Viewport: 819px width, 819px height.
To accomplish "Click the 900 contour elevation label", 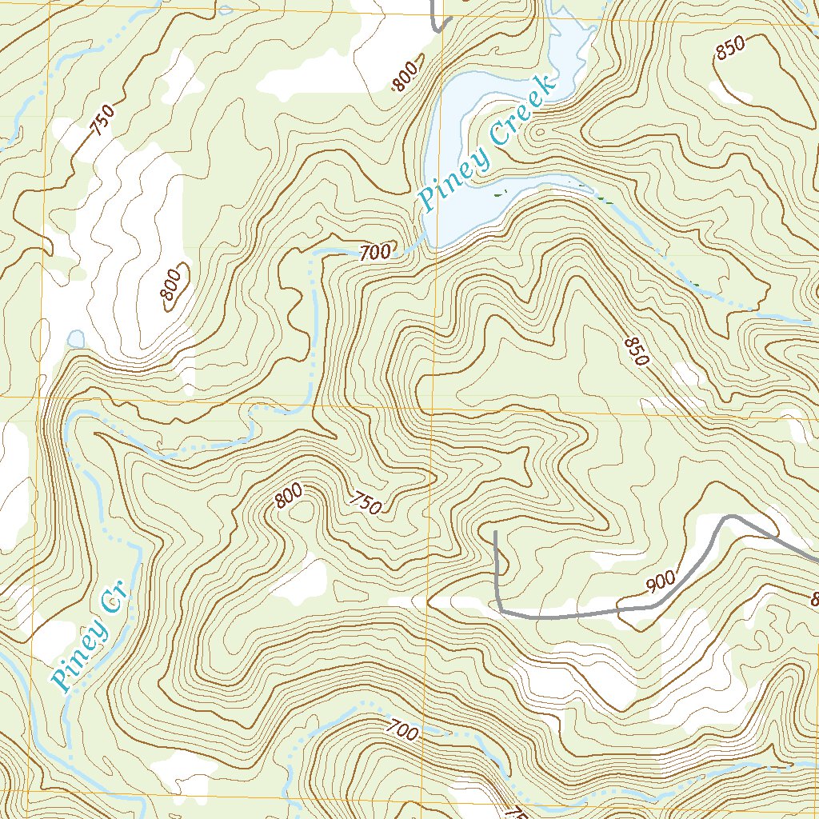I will point(661,581).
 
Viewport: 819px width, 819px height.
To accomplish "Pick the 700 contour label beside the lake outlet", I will point(375,253).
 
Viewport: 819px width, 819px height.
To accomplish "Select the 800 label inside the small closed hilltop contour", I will point(172,286).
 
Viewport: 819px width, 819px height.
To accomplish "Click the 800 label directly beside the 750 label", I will point(288,498).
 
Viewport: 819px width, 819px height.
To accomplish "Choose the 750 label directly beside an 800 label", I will point(365,501).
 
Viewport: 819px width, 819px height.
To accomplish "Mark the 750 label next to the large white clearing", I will point(102,120).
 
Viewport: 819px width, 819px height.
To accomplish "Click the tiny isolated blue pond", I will point(75,339).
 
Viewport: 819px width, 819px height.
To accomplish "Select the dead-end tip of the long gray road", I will point(496,532).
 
